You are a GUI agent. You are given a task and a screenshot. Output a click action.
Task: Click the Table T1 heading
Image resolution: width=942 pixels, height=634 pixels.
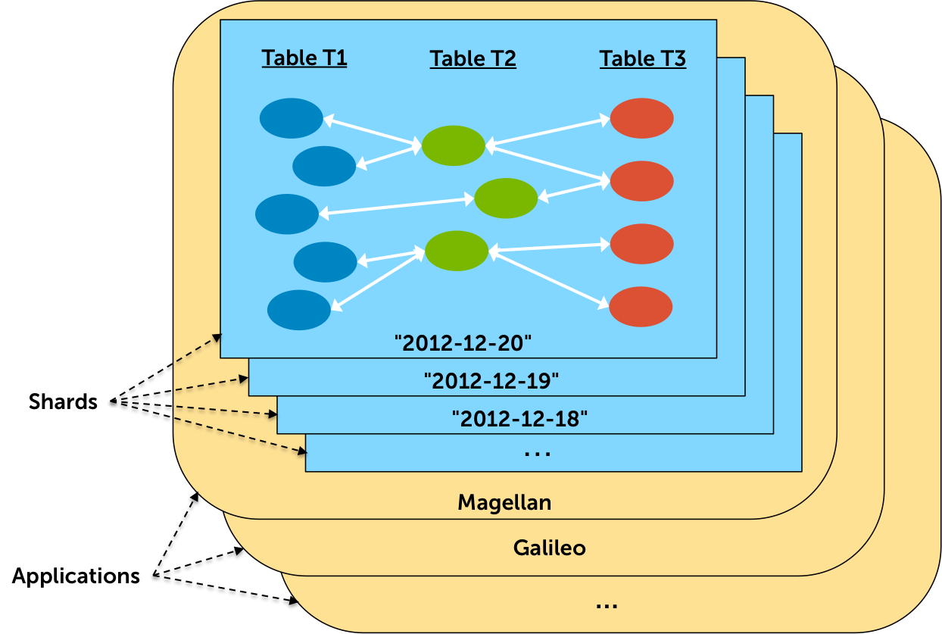pyautogui.click(x=304, y=58)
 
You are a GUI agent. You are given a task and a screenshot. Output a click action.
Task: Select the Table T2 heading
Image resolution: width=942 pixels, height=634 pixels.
pyautogui.click(x=473, y=59)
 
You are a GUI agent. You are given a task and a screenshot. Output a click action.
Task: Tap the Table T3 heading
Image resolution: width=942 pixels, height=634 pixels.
pyautogui.click(x=643, y=59)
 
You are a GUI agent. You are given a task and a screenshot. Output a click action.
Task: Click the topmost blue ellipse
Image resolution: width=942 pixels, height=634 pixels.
pyautogui.click(x=292, y=118)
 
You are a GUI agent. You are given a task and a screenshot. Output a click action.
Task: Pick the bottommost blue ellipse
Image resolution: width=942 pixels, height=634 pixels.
pyautogui.click(x=299, y=311)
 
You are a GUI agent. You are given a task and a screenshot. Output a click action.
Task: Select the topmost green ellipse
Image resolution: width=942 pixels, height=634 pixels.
pyautogui.click(x=454, y=145)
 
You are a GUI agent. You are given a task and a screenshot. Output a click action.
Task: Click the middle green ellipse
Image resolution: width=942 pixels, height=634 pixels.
pyautogui.click(x=506, y=198)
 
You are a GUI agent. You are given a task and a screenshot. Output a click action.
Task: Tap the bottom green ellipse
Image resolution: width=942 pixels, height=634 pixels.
pyautogui.click(x=457, y=251)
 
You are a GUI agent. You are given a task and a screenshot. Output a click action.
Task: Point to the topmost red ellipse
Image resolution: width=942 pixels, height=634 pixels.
pyautogui.click(x=642, y=118)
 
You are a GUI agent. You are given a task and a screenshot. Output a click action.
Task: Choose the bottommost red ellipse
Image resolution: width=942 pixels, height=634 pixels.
pyautogui.click(x=641, y=307)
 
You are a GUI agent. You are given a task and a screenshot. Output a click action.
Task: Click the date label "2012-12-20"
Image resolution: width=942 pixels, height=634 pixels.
pyautogui.click(x=463, y=343)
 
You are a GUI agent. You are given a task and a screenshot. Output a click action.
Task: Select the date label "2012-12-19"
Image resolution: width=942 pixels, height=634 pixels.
pyautogui.click(x=491, y=380)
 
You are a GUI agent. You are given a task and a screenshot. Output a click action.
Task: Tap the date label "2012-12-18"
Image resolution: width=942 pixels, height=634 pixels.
pyautogui.click(x=519, y=417)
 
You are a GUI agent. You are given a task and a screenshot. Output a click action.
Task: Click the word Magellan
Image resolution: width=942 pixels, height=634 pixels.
pyautogui.click(x=504, y=502)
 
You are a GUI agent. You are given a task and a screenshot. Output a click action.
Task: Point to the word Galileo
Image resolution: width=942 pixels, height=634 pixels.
pyautogui.click(x=550, y=548)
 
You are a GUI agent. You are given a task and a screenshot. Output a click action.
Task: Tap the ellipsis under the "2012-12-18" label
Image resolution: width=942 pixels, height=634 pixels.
pyautogui.click(x=538, y=454)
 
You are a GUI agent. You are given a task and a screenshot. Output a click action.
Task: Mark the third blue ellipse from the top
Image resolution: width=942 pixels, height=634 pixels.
pyautogui.click(x=287, y=214)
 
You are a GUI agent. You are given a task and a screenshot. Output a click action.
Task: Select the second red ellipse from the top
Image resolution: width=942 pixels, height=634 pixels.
pyautogui.click(x=642, y=181)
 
